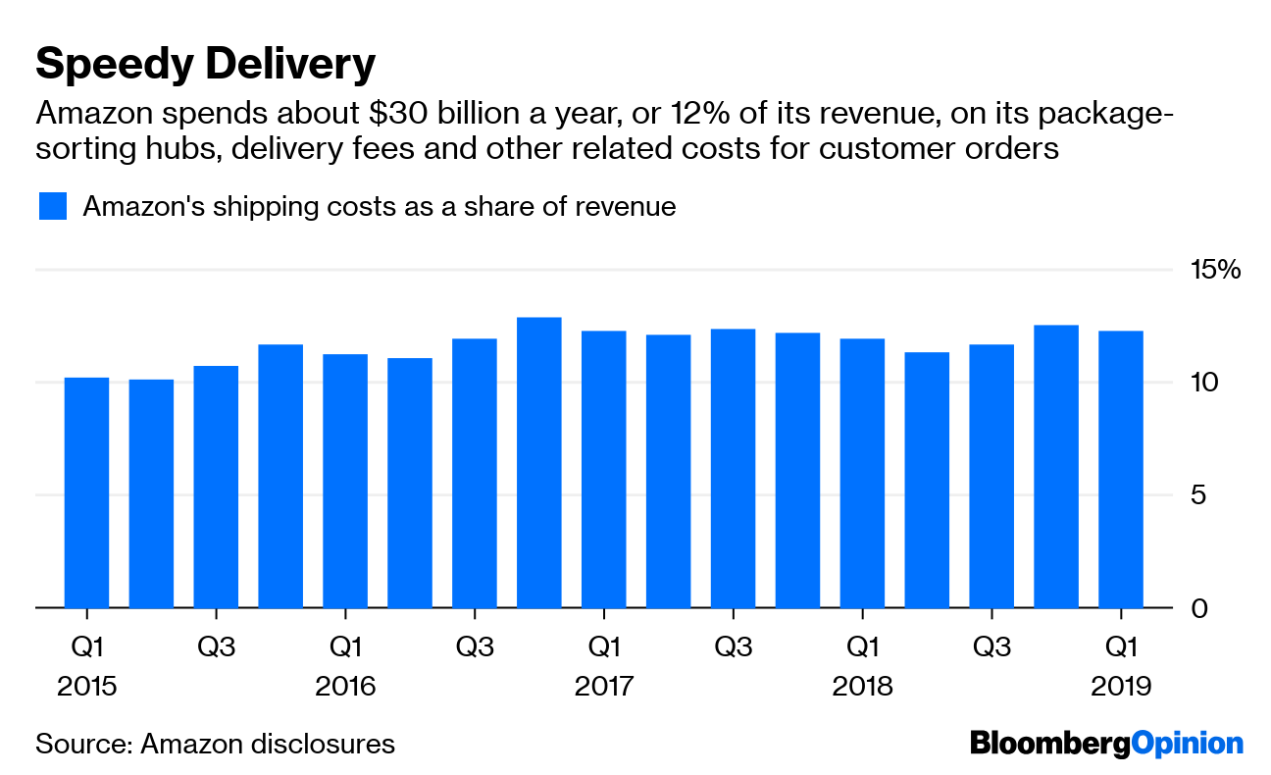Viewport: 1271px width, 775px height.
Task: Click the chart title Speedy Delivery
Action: pos(205,65)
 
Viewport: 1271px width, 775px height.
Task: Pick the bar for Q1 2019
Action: pos(1121,471)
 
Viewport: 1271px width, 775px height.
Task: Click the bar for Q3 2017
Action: pos(734,469)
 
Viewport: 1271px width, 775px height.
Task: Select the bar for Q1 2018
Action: pos(862,473)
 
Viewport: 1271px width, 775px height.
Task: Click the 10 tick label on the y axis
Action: pos(1204,383)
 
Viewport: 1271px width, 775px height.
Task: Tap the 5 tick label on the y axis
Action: pos(1197,495)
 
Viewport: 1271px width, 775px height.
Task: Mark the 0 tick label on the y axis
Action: pos(1197,609)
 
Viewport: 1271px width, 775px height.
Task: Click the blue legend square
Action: pos(53,207)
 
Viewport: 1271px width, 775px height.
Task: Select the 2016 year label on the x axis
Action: pos(345,686)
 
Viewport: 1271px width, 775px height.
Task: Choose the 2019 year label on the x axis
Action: pos(1120,686)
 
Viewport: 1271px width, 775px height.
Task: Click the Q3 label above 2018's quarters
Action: pos(991,647)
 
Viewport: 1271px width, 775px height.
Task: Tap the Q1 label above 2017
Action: pos(603,647)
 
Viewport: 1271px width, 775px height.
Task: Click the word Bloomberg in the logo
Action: pos(1049,744)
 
